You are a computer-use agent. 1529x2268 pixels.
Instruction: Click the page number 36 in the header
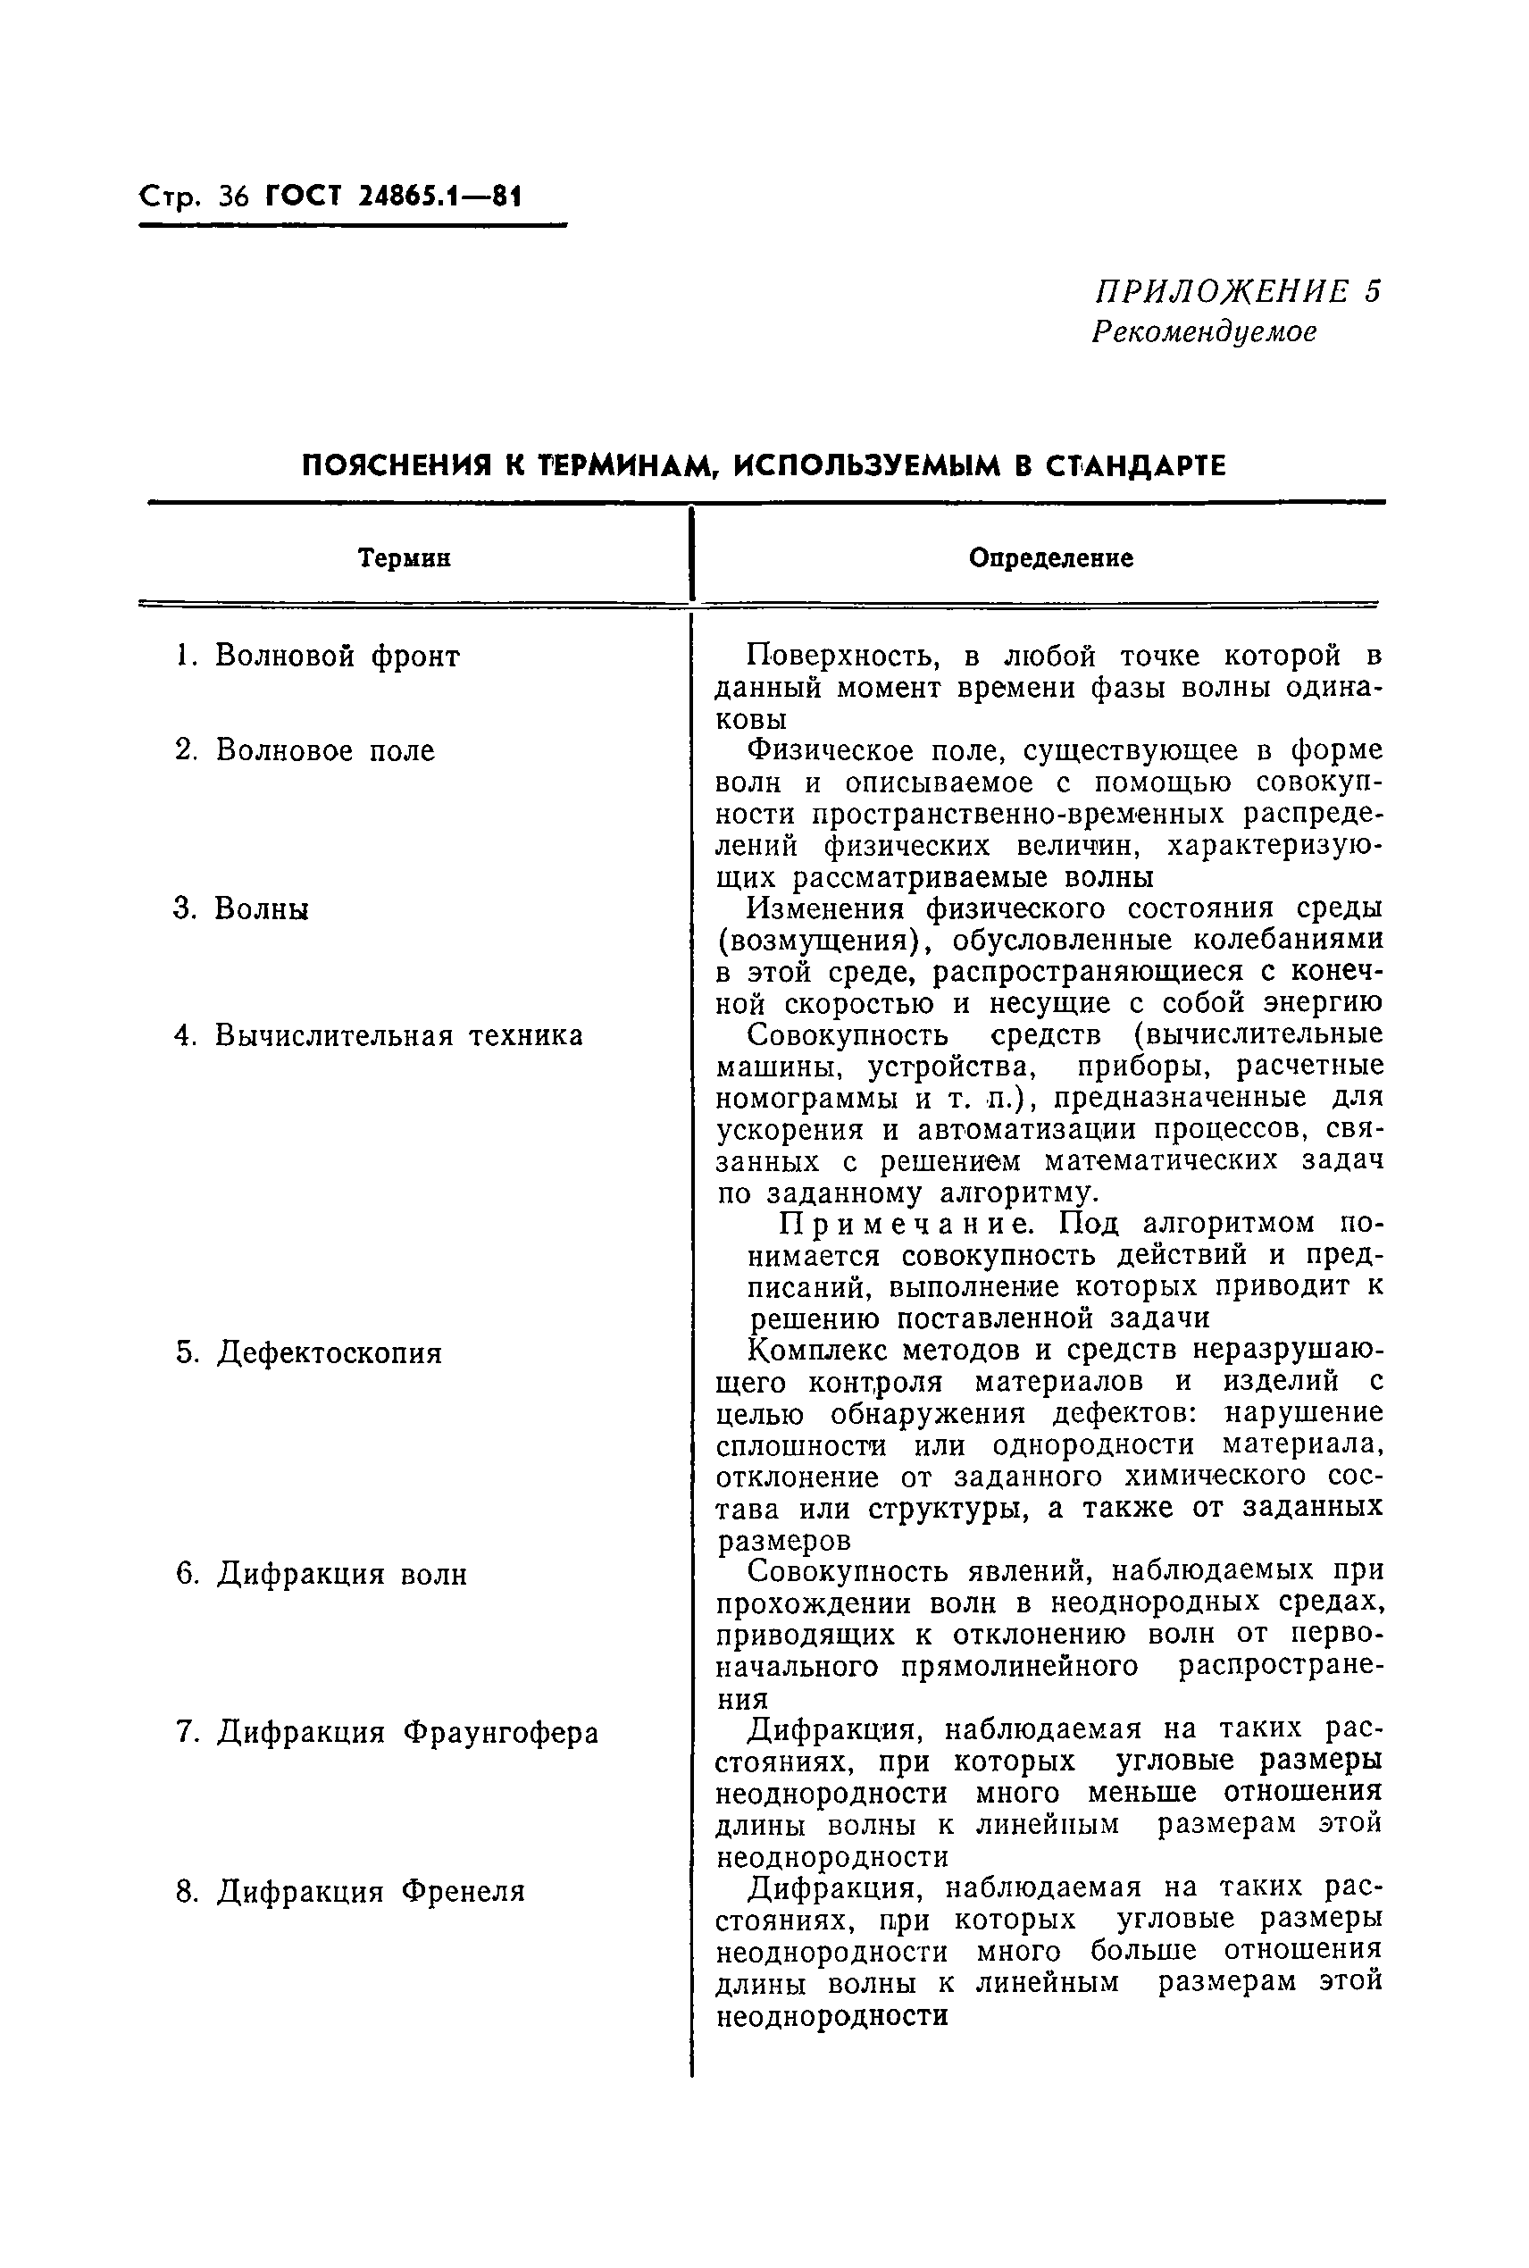[x=234, y=198]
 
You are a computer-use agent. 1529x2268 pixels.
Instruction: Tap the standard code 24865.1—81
[x=441, y=198]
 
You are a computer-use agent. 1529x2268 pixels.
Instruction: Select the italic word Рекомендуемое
[x=1203, y=331]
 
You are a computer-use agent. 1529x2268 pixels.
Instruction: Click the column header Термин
[x=404, y=558]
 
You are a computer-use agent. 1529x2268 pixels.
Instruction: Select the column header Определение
[x=1050, y=557]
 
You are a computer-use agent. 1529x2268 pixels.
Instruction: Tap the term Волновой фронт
[x=337, y=657]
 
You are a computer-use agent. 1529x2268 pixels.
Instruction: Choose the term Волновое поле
[x=325, y=751]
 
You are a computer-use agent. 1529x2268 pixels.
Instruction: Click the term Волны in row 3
[x=262, y=908]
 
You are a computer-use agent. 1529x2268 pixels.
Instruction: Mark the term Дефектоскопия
[x=329, y=1353]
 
